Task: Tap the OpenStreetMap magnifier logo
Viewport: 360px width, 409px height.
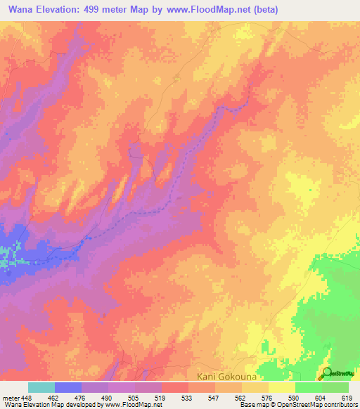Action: pyautogui.click(x=328, y=373)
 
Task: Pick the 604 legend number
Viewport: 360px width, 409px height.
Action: pyautogui.click(x=323, y=397)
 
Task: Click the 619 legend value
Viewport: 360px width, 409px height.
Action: pyautogui.click(x=349, y=397)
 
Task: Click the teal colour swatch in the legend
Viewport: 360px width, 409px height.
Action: pyautogui.click(x=41, y=387)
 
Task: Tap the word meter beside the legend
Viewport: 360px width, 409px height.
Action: pyautogui.click(x=11, y=397)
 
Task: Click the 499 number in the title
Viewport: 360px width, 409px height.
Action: pyautogui.click(x=102, y=10)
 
